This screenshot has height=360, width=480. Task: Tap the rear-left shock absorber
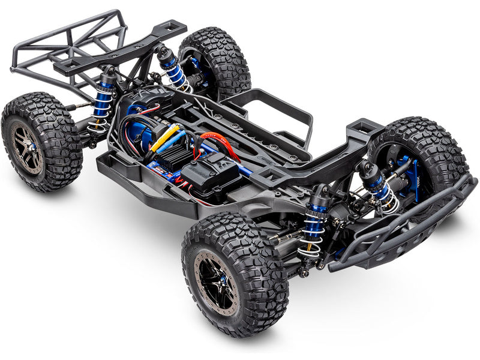[x=103, y=102]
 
